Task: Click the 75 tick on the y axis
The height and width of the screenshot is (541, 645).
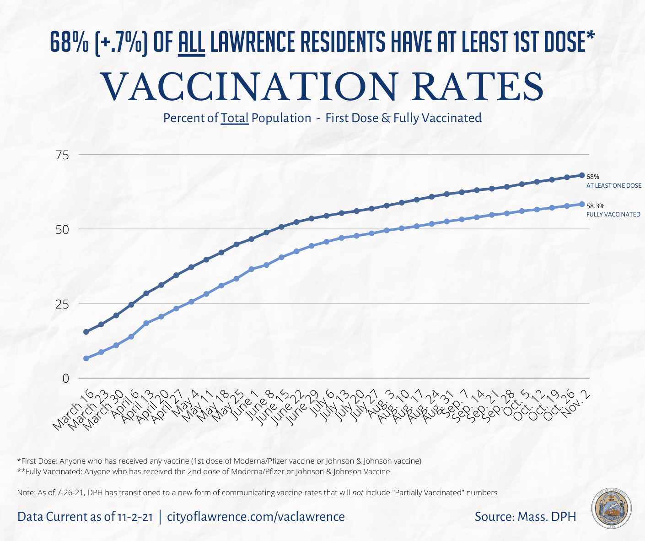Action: pyautogui.click(x=62, y=155)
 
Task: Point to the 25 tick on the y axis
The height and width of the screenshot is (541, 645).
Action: pyautogui.click(x=62, y=304)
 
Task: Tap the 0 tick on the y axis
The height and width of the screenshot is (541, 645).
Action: pyautogui.click(x=66, y=379)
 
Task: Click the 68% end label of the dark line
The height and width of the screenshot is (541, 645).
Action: pyautogui.click(x=593, y=177)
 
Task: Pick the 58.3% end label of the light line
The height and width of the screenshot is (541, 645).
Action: pyautogui.click(x=595, y=206)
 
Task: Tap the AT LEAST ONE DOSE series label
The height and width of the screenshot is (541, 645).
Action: pyautogui.click(x=613, y=186)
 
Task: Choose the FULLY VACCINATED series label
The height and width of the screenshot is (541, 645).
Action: pyautogui.click(x=613, y=214)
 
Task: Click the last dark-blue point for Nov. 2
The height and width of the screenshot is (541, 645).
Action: pyautogui.click(x=582, y=175)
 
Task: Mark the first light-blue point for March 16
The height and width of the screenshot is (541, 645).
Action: pyautogui.click(x=86, y=358)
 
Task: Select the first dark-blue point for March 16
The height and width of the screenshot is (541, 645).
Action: pyautogui.click(x=86, y=332)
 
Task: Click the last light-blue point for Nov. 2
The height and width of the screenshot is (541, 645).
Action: pyautogui.click(x=582, y=204)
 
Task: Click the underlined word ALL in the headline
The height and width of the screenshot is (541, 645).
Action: pyautogui.click(x=191, y=43)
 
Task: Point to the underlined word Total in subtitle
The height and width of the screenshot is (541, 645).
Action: pyautogui.click(x=235, y=118)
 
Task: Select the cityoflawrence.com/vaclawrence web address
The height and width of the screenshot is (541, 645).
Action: pyautogui.click(x=256, y=517)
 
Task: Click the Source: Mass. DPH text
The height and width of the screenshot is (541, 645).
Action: pyautogui.click(x=525, y=517)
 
